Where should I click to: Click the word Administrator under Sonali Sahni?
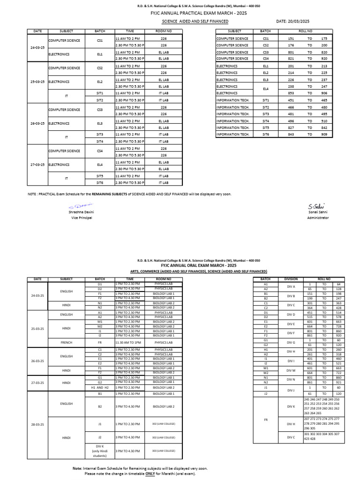[318, 218]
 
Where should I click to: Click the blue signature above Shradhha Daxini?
[80, 206]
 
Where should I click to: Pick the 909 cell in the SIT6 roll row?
[323, 134]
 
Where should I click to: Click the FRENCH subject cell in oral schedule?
[66, 343]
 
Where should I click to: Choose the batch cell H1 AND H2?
[99, 388]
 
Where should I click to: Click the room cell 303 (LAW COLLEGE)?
[163, 453]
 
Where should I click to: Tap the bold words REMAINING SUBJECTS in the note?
[121, 194]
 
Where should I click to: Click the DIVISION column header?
[291, 279]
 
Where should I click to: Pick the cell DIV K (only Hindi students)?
[99, 451]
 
